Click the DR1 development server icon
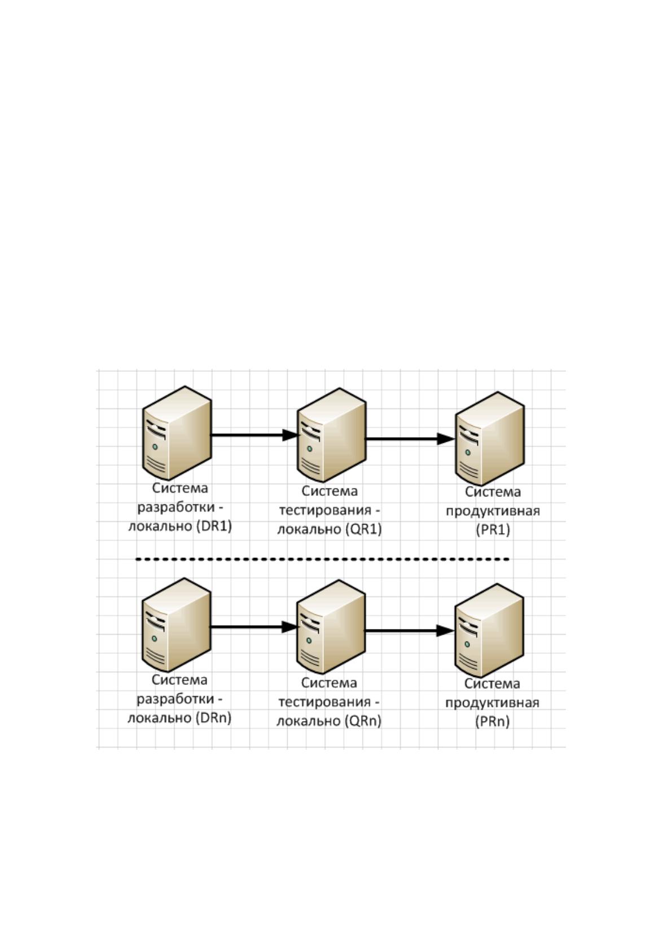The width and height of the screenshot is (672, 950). [x=177, y=433]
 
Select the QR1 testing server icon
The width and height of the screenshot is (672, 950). [x=331, y=435]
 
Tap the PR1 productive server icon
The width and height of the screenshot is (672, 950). [x=490, y=438]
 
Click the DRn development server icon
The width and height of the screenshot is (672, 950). [x=177, y=624]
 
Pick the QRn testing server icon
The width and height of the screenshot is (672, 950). [x=331, y=627]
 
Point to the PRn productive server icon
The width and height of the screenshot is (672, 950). [x=489, y=631]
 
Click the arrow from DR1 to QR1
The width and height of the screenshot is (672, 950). [x=254, y=435]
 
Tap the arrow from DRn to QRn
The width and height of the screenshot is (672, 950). [x=254, y=627]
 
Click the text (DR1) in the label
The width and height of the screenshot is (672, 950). [x=214, y=526]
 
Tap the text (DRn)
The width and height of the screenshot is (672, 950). [x=213, y=718]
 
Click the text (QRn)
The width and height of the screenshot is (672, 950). [x=363, y=721]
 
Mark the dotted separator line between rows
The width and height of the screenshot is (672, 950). [x=322, y=560]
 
